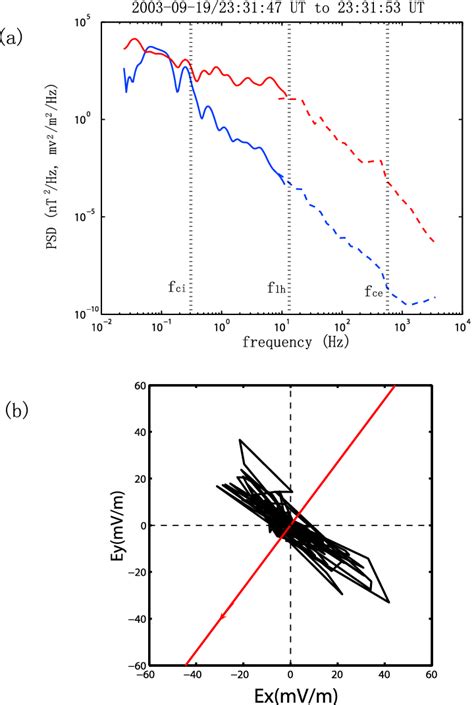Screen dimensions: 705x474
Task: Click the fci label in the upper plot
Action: pos(178,287)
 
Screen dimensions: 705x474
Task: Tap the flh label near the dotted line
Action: pos(277,287)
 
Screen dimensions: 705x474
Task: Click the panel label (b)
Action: pos(17,409)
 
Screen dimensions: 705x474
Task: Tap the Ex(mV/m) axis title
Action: pos(290,695)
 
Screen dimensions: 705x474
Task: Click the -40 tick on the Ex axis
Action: pos(195,676)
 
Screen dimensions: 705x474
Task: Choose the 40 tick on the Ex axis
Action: pos(385,676)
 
